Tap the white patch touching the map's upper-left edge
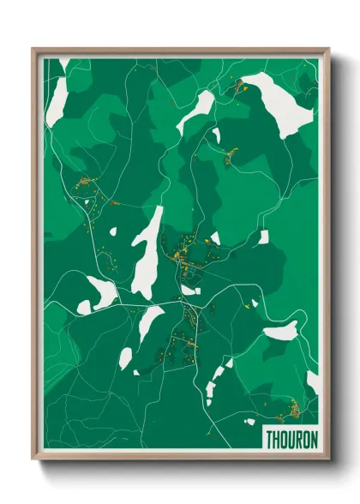pos(57,95)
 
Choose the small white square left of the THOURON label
pos(249,421)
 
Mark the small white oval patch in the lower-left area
pos(126,357)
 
